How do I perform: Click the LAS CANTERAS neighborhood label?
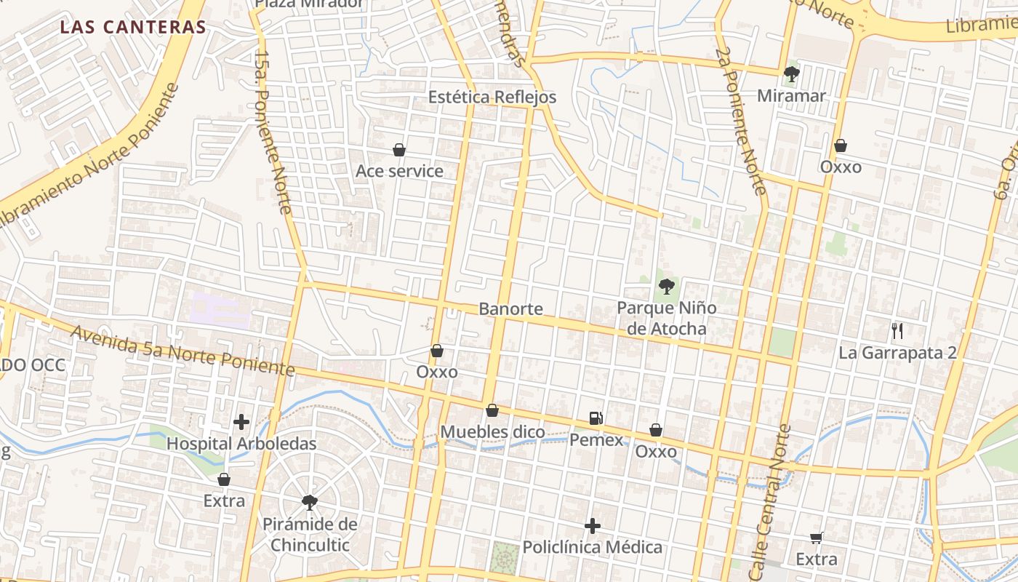133,28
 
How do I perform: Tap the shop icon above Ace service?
399,151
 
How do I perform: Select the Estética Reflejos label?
492,97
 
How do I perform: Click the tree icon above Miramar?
791,73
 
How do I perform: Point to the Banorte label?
510,308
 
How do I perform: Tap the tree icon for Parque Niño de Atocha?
666,286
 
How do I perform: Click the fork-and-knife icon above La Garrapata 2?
897,332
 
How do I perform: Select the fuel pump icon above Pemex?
596,418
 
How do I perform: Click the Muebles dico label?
492,432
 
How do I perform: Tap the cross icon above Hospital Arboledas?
241,422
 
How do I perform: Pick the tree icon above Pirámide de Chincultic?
310,502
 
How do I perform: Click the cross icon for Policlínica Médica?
593,526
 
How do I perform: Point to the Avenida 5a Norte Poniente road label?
183,351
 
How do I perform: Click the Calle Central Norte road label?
768,502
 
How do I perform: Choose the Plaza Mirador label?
309,4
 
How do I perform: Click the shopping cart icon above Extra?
817,538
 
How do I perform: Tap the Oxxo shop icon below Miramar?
841,146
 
